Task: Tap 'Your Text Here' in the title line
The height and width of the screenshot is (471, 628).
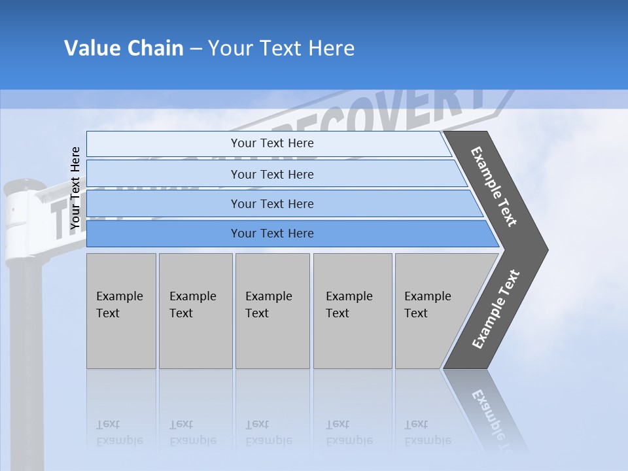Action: pos(281,48)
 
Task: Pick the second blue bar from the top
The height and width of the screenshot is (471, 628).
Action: pos(272,174)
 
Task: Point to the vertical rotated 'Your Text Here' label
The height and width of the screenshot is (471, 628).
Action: pos(75,188)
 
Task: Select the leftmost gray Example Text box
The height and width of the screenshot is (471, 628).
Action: pos(121,311)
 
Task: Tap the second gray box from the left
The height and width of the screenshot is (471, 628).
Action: pos(195,311)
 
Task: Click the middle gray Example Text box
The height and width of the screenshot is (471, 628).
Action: pos(272,311)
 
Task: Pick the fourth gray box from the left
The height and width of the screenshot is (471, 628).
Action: pos(352,311)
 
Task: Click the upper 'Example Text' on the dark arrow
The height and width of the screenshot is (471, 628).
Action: pos(494,186)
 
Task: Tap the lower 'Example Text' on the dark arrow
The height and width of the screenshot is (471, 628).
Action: pos(495,309)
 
